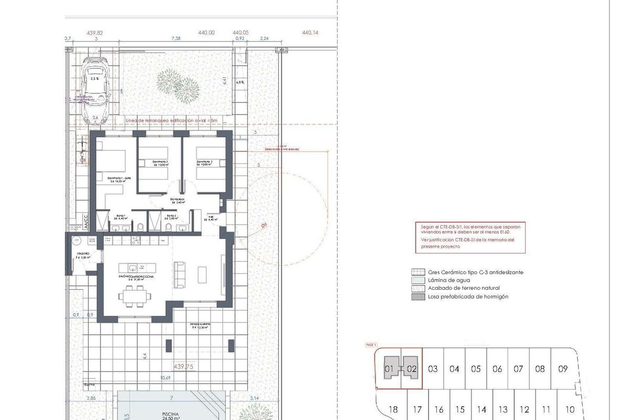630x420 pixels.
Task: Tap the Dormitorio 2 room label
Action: tap(160, 163)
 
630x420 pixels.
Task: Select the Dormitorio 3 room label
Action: tap(204, 163)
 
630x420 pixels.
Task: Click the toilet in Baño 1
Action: tap(141, 227)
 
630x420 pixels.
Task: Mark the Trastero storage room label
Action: tap(82, 255)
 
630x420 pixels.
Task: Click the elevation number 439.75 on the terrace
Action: tap(183, 366)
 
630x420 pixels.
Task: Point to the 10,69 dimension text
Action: tap(165, 377)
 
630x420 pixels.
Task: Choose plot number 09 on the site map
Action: tap(563, 369)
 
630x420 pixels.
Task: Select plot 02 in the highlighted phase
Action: tap(412, 369)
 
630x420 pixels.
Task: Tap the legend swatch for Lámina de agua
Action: tap(418, 280)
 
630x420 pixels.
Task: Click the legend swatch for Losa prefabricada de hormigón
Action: tap(418, 297)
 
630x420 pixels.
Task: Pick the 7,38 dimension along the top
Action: tap(176, 38)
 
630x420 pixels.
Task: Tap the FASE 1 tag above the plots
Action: tap(371, 345)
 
